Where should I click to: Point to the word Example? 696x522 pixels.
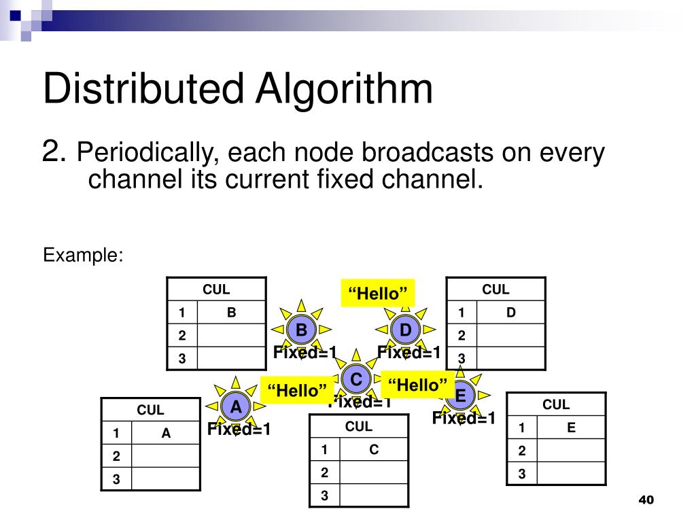pyautogui.click(x=83, y=256)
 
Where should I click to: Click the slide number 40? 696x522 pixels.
pyautogui.click(x=645, y=500)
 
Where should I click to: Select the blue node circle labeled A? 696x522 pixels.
pyautogui.click(x=236, y=407)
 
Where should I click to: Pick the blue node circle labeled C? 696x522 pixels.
pyautogui.click(x=355, y=379)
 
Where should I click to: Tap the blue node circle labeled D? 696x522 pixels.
pyautogui.click(x=406, y=330)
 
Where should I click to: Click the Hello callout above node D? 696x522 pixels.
pyautogui.click(x=378, y=294)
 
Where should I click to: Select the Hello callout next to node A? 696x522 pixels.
pyautogui.click(x=297, y=391)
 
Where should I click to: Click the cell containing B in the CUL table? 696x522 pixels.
pyautogui.click(x=231, y=313)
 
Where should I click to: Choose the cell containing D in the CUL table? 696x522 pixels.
pyautogui.click(x=511, y=313)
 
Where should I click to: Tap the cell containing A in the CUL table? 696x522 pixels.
pyautogui.click(x=166, y=433)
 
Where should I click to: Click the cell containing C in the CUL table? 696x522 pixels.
pyautogui.click(x=374, y=449)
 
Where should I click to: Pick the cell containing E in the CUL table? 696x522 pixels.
pyautogui.click(x=571, y=428)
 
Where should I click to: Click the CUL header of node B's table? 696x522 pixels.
pyautogui.click(x=216, y=290)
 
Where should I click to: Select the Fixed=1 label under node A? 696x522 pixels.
pyautogui.click(x=239, y=430)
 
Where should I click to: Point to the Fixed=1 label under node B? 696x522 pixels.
pyautogui.click(x=305, y=353)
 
